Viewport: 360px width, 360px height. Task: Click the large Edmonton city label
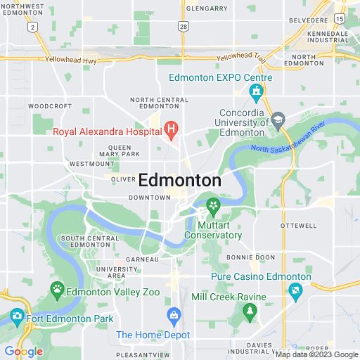click(180, 180)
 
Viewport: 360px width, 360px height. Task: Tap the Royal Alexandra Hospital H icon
click(171, 129)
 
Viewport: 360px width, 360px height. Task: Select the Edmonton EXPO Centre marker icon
click(257, 91)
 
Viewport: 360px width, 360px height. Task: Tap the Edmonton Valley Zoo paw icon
click(56, 288)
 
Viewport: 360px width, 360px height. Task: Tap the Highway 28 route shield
click(184, 26)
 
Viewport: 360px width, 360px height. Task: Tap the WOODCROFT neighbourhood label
click(50, 106)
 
